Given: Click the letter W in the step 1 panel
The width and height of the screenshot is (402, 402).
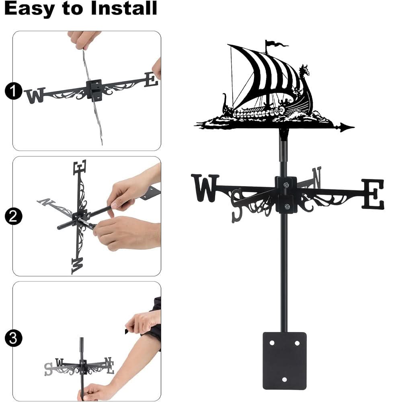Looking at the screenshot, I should [35, 96].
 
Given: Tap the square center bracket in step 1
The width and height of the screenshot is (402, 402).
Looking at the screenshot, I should [95, 88].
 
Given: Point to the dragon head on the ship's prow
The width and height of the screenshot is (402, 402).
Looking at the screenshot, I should [305, 71].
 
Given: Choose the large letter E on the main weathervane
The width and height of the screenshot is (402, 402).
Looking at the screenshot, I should [373, 194].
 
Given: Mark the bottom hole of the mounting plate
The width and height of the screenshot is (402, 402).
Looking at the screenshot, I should [285, 379].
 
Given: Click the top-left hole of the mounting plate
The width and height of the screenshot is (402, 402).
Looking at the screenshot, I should [272, 343].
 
